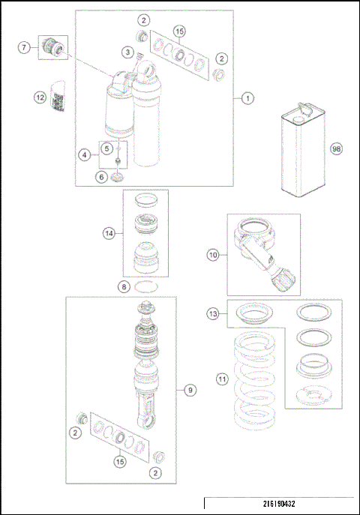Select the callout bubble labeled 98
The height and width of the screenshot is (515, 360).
coord(337,149)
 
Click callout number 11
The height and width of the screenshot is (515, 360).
coord(221,379)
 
